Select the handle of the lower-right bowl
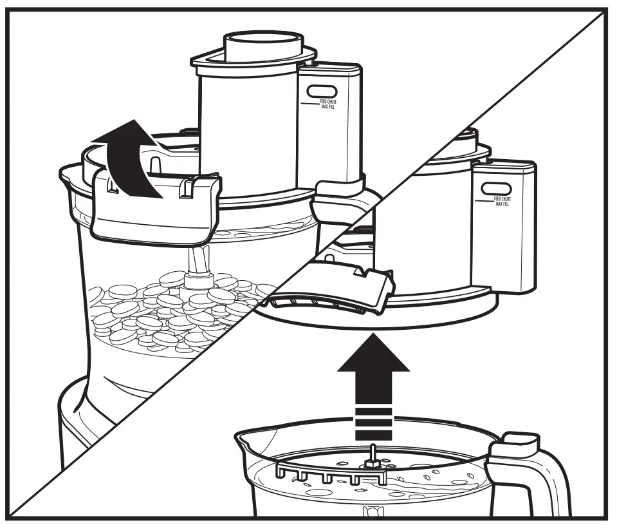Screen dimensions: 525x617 [547, 477]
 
